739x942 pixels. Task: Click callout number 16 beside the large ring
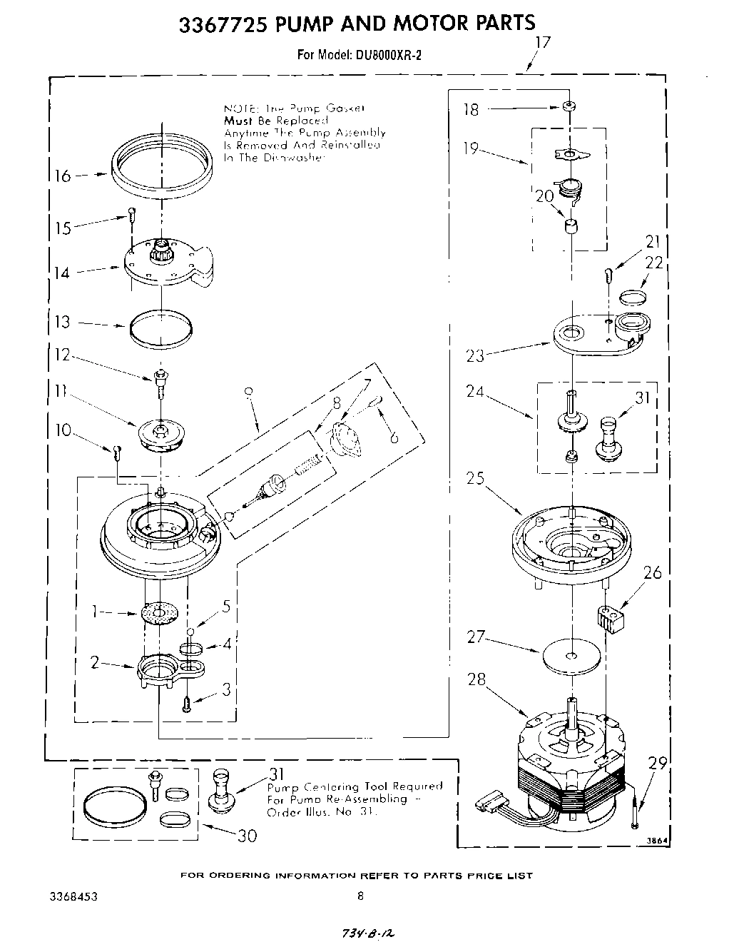pos(63,176)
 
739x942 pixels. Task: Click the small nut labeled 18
pos(569,107)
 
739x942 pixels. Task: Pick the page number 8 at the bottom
pos(361,896)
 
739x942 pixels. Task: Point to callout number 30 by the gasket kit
pos(246,836)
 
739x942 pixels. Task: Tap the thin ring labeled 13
pos(161,328)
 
